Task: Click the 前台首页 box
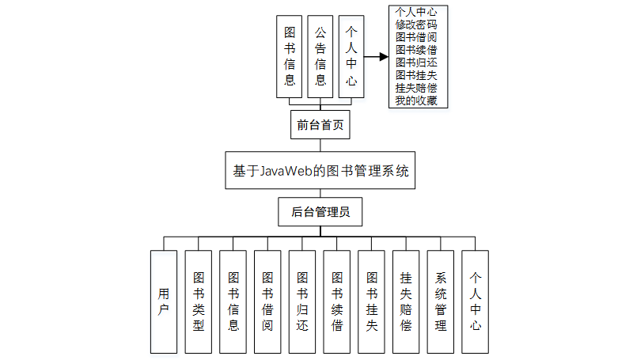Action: [x=320, y=125]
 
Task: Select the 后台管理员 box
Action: [x=320, y=211]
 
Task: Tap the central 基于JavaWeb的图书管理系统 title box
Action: [x=320, y=170]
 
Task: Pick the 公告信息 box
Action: [x=320, y=57]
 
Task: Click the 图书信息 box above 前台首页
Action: [x=290, y=57]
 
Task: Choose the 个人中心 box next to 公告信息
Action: [x=351, y=57]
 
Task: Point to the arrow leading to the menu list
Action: [x=375, y=57]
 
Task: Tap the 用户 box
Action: [x=164, y=301]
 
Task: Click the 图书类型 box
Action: [x=199, y=301]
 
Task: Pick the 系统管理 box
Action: [x=441, y=301]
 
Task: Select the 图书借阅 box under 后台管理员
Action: [x=267, y=301]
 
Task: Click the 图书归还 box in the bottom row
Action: [x=302, y=301]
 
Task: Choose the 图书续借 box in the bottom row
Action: [x=337, y=301]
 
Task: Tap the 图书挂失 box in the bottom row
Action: [x=372, y=301]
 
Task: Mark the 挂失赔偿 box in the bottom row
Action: [x=406, y=301]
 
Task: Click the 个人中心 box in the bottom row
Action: [x=476, y=301]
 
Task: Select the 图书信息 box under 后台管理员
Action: [x=233, y=301]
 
